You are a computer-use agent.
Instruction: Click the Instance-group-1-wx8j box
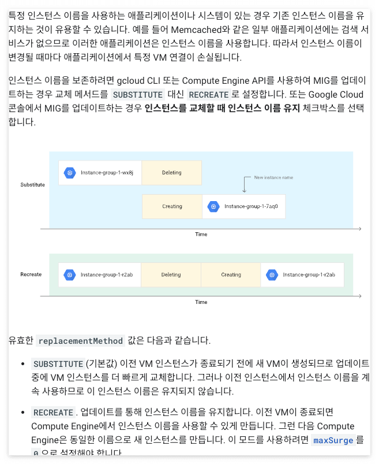(x=100, y=173)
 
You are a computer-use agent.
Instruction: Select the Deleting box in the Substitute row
(x=171, y=173)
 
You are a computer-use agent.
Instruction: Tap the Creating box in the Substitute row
(x=172, y=206)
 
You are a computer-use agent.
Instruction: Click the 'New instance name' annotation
(x=273, y=177)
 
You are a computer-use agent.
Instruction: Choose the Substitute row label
(x=32, y=185)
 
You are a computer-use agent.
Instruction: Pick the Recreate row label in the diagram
(x=31, y=274)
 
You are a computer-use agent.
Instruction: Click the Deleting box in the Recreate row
(x=171, y=275)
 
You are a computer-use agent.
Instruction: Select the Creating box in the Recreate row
(x=231, y=275)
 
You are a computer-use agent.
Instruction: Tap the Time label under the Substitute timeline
(x=201, y=234)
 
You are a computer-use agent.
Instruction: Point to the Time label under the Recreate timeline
(x=201, y=302)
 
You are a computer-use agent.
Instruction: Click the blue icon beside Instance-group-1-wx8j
(x=70, y=173)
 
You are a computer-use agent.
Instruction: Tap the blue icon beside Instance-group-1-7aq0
(x=213, y=206)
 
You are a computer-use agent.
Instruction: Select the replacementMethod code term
(x=81, y=341)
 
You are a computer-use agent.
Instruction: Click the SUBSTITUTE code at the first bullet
(x=58, y=364)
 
